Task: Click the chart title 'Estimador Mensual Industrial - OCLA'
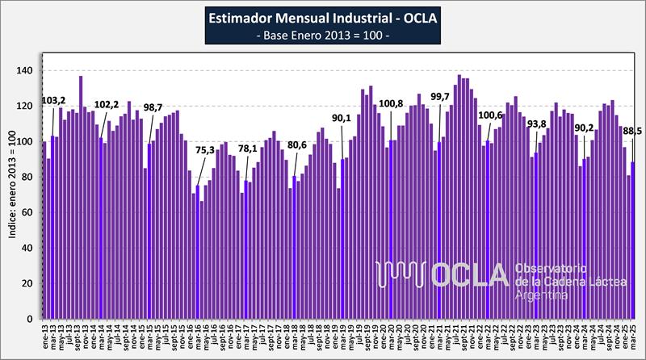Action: pyautogui.click(x=323, y=19)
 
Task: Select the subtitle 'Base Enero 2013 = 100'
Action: pyautogui.click(x=323, y=36)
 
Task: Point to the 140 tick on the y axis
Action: pyautogui.click(x=27, y=71)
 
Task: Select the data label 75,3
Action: pyautogui.click(x=205, y=150)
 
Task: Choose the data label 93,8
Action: pyautogui.click(x=536, y=124)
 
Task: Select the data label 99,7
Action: pyautogui.click(x=440, y=98)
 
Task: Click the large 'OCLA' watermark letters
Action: pyautogui.click(x=469, y=275)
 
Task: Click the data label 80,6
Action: pyautogui.click(x=297, y=145)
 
